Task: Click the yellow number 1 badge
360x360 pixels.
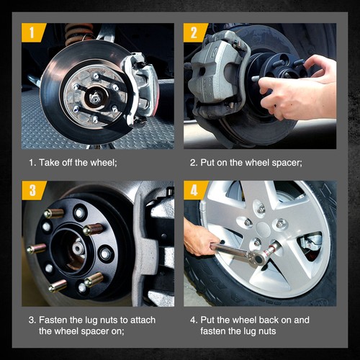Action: point(32,32)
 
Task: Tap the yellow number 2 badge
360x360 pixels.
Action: point(194,32)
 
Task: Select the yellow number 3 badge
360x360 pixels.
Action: point(33,190)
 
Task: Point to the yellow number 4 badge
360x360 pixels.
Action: point(194,190)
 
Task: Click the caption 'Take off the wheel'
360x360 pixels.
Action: point(77,163)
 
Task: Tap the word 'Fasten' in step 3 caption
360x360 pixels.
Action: point(53,320)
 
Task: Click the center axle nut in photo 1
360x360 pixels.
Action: point(94,97)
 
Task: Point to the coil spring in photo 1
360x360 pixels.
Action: point(78,34)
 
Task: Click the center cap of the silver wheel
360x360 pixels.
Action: point(264,228)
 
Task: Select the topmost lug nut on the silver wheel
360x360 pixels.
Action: point(261,208)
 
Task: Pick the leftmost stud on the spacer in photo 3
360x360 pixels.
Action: point(36,249)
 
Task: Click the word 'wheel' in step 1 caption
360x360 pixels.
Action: point(103,163)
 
